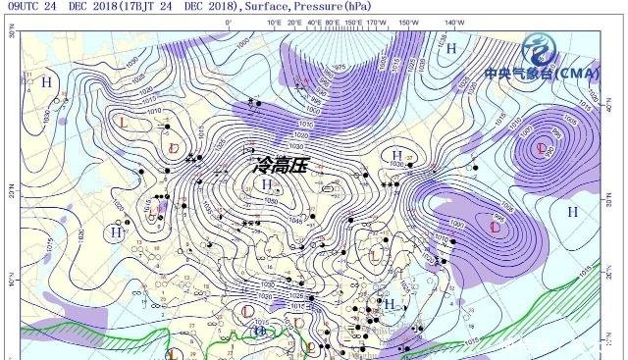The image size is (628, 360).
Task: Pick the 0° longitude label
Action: click(x=229, y=22)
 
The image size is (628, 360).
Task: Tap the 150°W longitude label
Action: click(x=402, y=22)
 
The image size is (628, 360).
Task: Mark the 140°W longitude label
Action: click(x=452, y=22)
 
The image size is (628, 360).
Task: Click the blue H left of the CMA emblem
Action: click(x=452, y=47)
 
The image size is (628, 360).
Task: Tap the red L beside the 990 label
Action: click(x=543, y=148)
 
